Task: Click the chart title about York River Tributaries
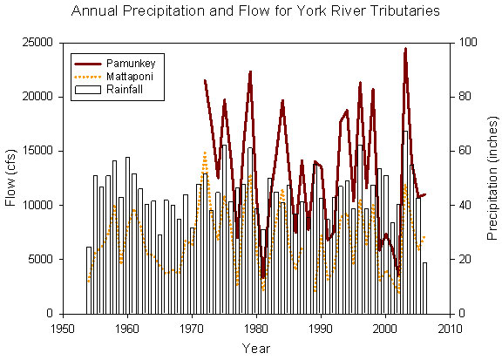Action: pos(250,12)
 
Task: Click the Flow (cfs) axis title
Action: pos(11,179)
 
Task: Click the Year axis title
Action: pos(256,349)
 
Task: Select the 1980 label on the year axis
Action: pos(256,329)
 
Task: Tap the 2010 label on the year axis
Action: pos(450,329)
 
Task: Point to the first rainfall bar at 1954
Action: pos(89,280)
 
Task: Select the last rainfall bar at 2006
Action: pos(424,288)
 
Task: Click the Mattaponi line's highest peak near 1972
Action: pos(205,153)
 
